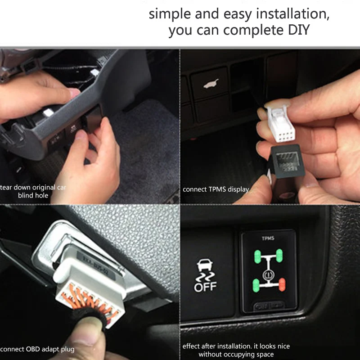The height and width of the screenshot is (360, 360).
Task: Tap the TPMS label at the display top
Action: click(268, 238)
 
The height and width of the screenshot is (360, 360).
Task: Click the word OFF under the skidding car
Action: click(205, 286)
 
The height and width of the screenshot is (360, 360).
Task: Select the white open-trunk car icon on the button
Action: click(210, 84)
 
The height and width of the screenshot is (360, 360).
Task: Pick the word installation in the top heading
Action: click(292, 13)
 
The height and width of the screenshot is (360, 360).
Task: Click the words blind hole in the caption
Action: click(33, 195)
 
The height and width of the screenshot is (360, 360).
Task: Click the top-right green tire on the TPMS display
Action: click(279, 256)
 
